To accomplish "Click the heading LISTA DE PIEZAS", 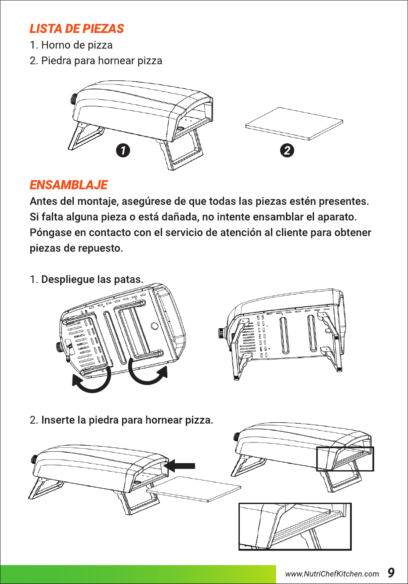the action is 76,29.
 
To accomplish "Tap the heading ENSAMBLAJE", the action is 69,185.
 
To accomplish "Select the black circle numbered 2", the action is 287,150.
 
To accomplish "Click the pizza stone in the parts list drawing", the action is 294,123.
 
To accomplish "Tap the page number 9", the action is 391,573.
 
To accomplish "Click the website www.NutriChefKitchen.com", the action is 332,574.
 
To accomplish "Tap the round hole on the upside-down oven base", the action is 154,326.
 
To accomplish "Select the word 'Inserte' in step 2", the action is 58,420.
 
